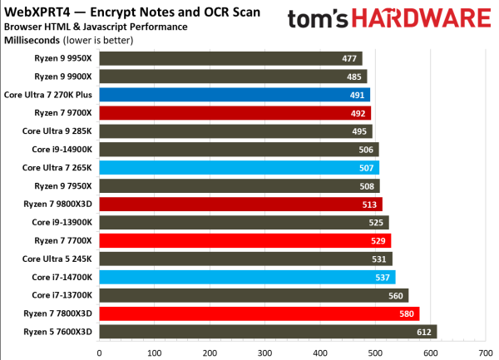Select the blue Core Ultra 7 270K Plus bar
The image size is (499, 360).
click(x=233, y=95)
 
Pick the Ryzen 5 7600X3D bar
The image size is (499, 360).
click(x=266, y=333)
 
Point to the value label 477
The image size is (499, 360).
click(x=350, y=58)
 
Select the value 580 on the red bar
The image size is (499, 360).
click(x=407, y=314)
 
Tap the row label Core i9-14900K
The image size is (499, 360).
click(x=62, y=150)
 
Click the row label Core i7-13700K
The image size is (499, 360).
click(x=62, y=296)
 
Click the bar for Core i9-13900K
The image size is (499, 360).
click(x=241, y=223)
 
